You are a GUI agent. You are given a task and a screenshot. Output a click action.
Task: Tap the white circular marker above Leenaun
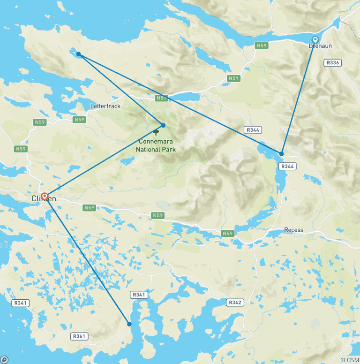click(x=315, y=39)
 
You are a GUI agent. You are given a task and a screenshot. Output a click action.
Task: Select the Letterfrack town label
click(x=105, y=106)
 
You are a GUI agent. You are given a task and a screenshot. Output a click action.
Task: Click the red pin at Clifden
click(x=45, y=197)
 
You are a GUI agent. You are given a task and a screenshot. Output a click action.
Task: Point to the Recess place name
click(x=293, y=230)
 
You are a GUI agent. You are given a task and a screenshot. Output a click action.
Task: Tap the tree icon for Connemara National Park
click(x=156, y=132)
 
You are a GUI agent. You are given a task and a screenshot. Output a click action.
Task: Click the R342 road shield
click(x=235, y=303)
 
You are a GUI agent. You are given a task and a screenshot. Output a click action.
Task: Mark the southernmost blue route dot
click(x=129, y=324)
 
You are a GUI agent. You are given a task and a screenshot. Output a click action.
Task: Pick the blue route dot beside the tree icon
click(x=163, y=125)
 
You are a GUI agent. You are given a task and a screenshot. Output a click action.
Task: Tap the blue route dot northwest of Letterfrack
click(x=79, y=54)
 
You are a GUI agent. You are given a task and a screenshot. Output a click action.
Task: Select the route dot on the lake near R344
click(x=282, y=153)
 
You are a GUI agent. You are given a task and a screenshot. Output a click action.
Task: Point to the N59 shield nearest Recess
click(x=227, y=233)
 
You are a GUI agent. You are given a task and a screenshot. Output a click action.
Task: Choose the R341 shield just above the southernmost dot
click(x=139, y=295)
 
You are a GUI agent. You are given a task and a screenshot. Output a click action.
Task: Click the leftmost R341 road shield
click(x=21, y=303)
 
